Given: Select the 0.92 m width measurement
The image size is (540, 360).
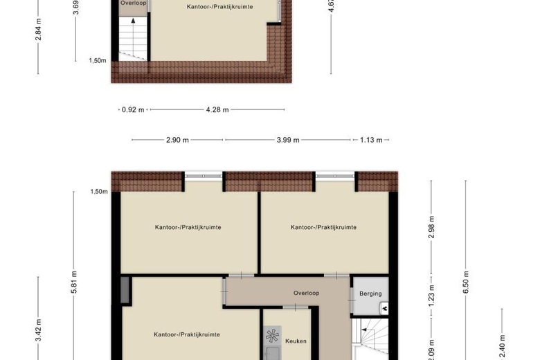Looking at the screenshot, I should tap(132, 109).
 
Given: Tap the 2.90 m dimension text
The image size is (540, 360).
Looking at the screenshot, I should tap(177, 140).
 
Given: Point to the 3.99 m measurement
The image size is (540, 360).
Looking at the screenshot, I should tap(288, 140).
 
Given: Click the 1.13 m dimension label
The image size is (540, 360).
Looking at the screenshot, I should tap(371, 140).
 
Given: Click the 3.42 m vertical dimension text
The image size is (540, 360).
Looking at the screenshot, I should tap(39, 330).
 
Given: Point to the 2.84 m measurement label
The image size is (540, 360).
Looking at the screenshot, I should tap(39, 30).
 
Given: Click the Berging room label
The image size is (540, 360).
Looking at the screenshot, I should tap(370, 294).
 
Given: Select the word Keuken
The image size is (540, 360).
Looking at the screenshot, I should tap(296, 341).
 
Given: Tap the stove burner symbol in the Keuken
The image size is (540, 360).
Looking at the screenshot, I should tap(272, 337).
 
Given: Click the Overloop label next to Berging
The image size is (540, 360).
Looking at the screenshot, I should tap(305, 293).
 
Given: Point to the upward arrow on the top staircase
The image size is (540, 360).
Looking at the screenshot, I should tap(132, 23).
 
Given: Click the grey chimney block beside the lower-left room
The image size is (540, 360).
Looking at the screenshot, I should tap(125, 289).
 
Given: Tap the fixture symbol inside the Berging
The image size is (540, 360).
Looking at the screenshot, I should tap(383, 309).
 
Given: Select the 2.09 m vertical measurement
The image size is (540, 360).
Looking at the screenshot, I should tap(431, 346).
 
